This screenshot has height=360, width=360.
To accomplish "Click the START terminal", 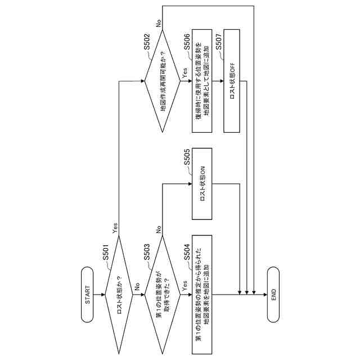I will click(87, 294).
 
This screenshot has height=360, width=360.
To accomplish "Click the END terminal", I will click(273, 294).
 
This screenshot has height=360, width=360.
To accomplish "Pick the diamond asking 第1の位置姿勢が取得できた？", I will click(162, 294).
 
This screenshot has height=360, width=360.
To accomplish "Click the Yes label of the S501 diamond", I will click(115, 228).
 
